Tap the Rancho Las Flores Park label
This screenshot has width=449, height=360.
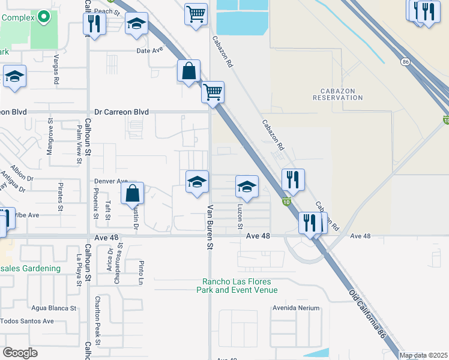237,286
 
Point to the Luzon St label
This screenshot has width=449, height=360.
240,216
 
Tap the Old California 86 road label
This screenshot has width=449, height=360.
367,314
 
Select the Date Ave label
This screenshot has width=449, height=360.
150,51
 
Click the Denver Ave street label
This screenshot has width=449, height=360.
111,181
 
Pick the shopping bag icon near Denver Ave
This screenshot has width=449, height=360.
133,194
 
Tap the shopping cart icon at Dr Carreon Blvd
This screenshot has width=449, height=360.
212,93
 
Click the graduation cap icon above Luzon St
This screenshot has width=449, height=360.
246,187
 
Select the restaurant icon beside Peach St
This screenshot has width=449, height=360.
94,23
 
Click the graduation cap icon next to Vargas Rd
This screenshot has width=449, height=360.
14,77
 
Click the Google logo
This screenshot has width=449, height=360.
20,353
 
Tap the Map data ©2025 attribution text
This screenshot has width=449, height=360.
423,355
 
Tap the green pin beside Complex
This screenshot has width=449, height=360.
44,17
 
